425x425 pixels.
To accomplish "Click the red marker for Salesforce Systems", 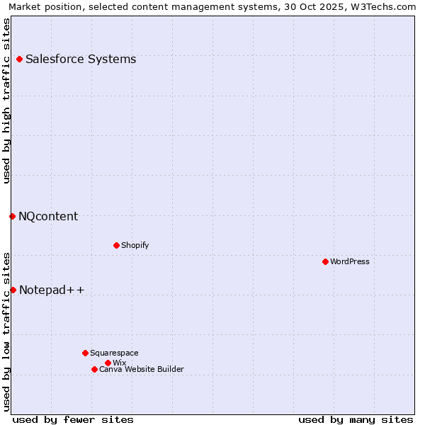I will (x=19, y=59).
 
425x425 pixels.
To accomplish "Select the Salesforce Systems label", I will (x=81, y=59).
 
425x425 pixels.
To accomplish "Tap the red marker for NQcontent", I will (x=12, y=216).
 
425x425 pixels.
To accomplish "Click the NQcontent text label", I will (x=48, y=216).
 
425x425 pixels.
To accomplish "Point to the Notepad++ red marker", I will (x=13, y=290).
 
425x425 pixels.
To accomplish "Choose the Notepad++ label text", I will (x=52, y=290).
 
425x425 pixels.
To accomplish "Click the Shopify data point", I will (x=116, y=245).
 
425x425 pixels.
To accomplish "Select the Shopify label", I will (x=135, y=245).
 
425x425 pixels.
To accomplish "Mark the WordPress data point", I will (x=325, y=261).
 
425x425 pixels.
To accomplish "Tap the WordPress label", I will (x=350, y=261).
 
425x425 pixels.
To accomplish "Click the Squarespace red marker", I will (x=85, y=353).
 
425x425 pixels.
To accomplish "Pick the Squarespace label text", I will (x=114, y=353).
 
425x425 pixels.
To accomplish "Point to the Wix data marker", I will (x=108, y=363).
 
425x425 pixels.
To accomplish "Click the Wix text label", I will (x=119, y=363).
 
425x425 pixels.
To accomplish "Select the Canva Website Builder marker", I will (x=94, y=369).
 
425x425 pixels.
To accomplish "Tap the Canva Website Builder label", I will (x=142, y=369).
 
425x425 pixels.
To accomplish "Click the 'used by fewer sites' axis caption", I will (x=73, y=419).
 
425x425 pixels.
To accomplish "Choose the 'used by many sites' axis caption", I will (x=356, y=419).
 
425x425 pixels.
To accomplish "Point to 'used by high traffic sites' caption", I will (x=7, y=101).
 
